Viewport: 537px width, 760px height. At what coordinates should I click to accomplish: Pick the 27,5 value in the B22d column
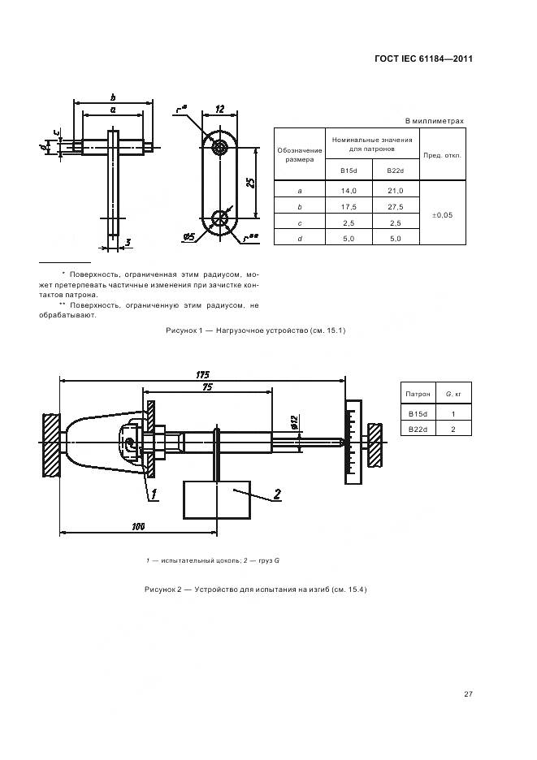(x=396, y=206)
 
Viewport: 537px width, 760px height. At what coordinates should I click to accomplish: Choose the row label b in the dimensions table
(x=300, y=206)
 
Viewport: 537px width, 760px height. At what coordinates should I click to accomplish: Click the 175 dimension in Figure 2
(x=203, y=374)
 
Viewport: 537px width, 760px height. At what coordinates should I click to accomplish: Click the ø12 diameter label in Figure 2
(x=292, y=421)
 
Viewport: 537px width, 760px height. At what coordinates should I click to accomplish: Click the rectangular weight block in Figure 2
(x=216, y=500)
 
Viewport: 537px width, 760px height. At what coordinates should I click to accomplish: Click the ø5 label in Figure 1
(x=188, y=236)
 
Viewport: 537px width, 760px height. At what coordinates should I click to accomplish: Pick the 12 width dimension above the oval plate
(x=219, y=109)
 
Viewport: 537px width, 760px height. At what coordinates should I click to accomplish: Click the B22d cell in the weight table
(x=418, y=429)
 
